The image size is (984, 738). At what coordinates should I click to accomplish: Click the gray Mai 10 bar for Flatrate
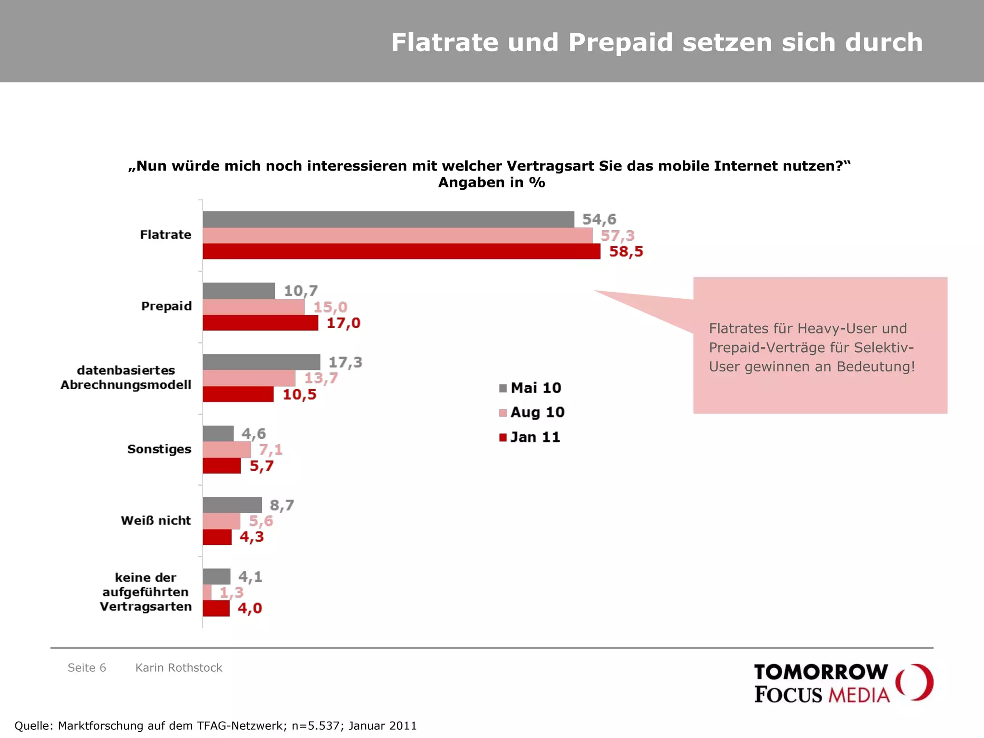click(388, 219)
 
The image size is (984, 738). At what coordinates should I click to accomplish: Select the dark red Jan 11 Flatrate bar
click(401, 251)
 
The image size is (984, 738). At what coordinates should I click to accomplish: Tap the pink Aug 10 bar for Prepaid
click(253, 307)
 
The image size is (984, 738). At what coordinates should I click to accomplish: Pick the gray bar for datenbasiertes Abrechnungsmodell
click(261, 362)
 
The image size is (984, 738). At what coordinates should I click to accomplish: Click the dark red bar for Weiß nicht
click(217, 537)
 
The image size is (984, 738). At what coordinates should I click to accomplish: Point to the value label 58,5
click(626, 252)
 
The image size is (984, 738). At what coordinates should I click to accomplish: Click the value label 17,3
click(345, 362)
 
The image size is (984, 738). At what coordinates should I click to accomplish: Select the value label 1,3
click(231, 592)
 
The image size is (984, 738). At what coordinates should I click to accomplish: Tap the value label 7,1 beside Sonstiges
click(271, 450)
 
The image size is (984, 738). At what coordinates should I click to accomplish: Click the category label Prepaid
click(166, 306)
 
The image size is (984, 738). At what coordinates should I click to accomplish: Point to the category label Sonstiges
click(159, 449)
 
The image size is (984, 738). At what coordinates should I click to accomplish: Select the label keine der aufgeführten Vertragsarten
click(146, 592)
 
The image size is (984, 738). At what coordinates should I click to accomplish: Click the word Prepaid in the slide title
click(620, 42)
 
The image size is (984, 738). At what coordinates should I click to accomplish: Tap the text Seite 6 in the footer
click(86, 668)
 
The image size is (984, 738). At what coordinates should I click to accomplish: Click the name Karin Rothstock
click(179, 668)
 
